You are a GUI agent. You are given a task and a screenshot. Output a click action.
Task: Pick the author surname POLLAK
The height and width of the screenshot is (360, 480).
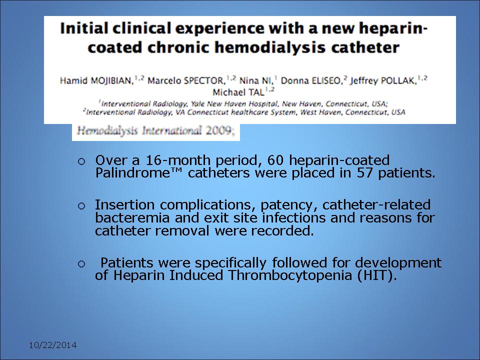[x=400, y=81]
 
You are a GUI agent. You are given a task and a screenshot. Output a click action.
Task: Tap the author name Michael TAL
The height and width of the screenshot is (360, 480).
[x=238, y=92]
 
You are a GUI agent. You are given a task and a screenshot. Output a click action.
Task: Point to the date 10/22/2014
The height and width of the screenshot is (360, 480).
[x=52, y=345]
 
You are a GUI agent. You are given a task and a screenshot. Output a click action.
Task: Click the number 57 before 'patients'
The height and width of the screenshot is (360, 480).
[x=365, y=173]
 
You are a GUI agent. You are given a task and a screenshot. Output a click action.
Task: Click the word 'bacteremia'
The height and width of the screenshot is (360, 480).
[x=132, y=218]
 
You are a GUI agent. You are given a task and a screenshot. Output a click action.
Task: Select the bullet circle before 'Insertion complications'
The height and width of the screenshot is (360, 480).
[x=81, y=206]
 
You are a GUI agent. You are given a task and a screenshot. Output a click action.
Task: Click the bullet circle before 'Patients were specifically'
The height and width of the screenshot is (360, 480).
[x=81, y=264]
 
